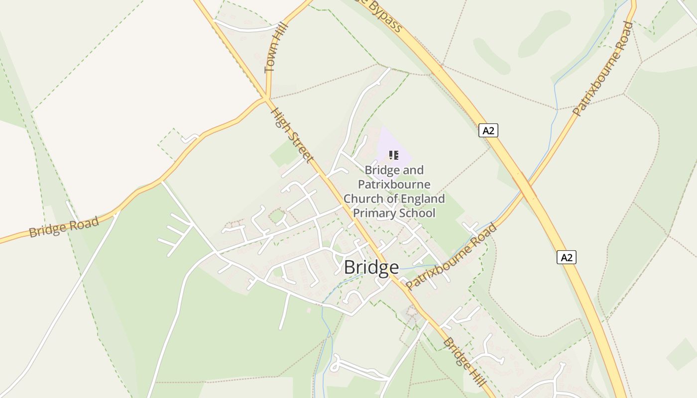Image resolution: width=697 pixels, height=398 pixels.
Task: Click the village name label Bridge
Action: [x=371, y=268]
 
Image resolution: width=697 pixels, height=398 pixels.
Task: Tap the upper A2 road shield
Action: [x=488, y=130]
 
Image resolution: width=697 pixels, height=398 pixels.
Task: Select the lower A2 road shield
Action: [x=567, y=257]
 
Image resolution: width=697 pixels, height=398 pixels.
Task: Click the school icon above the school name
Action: [x=394, y=155]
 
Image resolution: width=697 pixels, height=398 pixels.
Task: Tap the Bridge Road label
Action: [x=64, y=227]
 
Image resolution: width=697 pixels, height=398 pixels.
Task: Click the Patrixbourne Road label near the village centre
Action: [x=451, y=257]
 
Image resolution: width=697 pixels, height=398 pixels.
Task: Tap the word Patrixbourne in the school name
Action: [x=394, y=185]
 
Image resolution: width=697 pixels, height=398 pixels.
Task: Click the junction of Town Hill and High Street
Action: [x=267, y=98]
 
